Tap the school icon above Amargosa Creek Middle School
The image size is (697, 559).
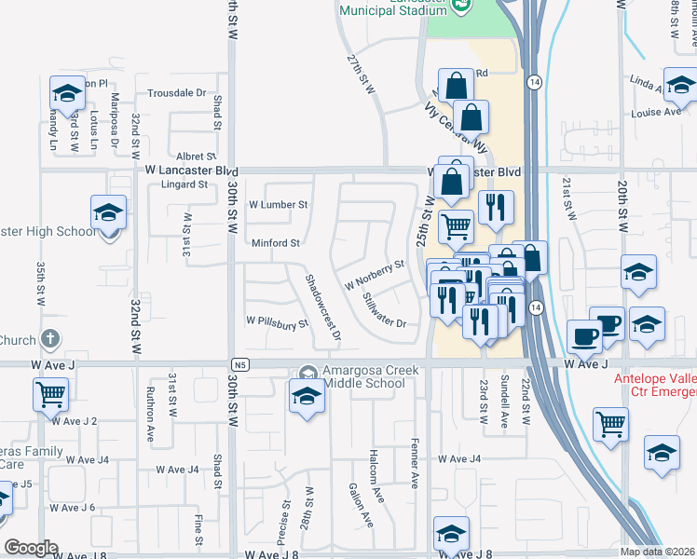coord(306,394)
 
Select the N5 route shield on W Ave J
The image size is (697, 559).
coord(240,364)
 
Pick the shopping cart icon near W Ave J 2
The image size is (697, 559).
coord(50,393)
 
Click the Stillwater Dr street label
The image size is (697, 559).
coord(384,310)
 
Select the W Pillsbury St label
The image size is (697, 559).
coord(277,323)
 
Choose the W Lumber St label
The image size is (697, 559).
coord(278,204)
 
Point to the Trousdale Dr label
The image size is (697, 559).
coord(176,93)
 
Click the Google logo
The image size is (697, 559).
coord(31,548)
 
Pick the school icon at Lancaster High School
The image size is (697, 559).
coord(108,212)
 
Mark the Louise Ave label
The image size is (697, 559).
coord(656,112)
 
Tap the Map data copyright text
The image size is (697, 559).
coord(658,552)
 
